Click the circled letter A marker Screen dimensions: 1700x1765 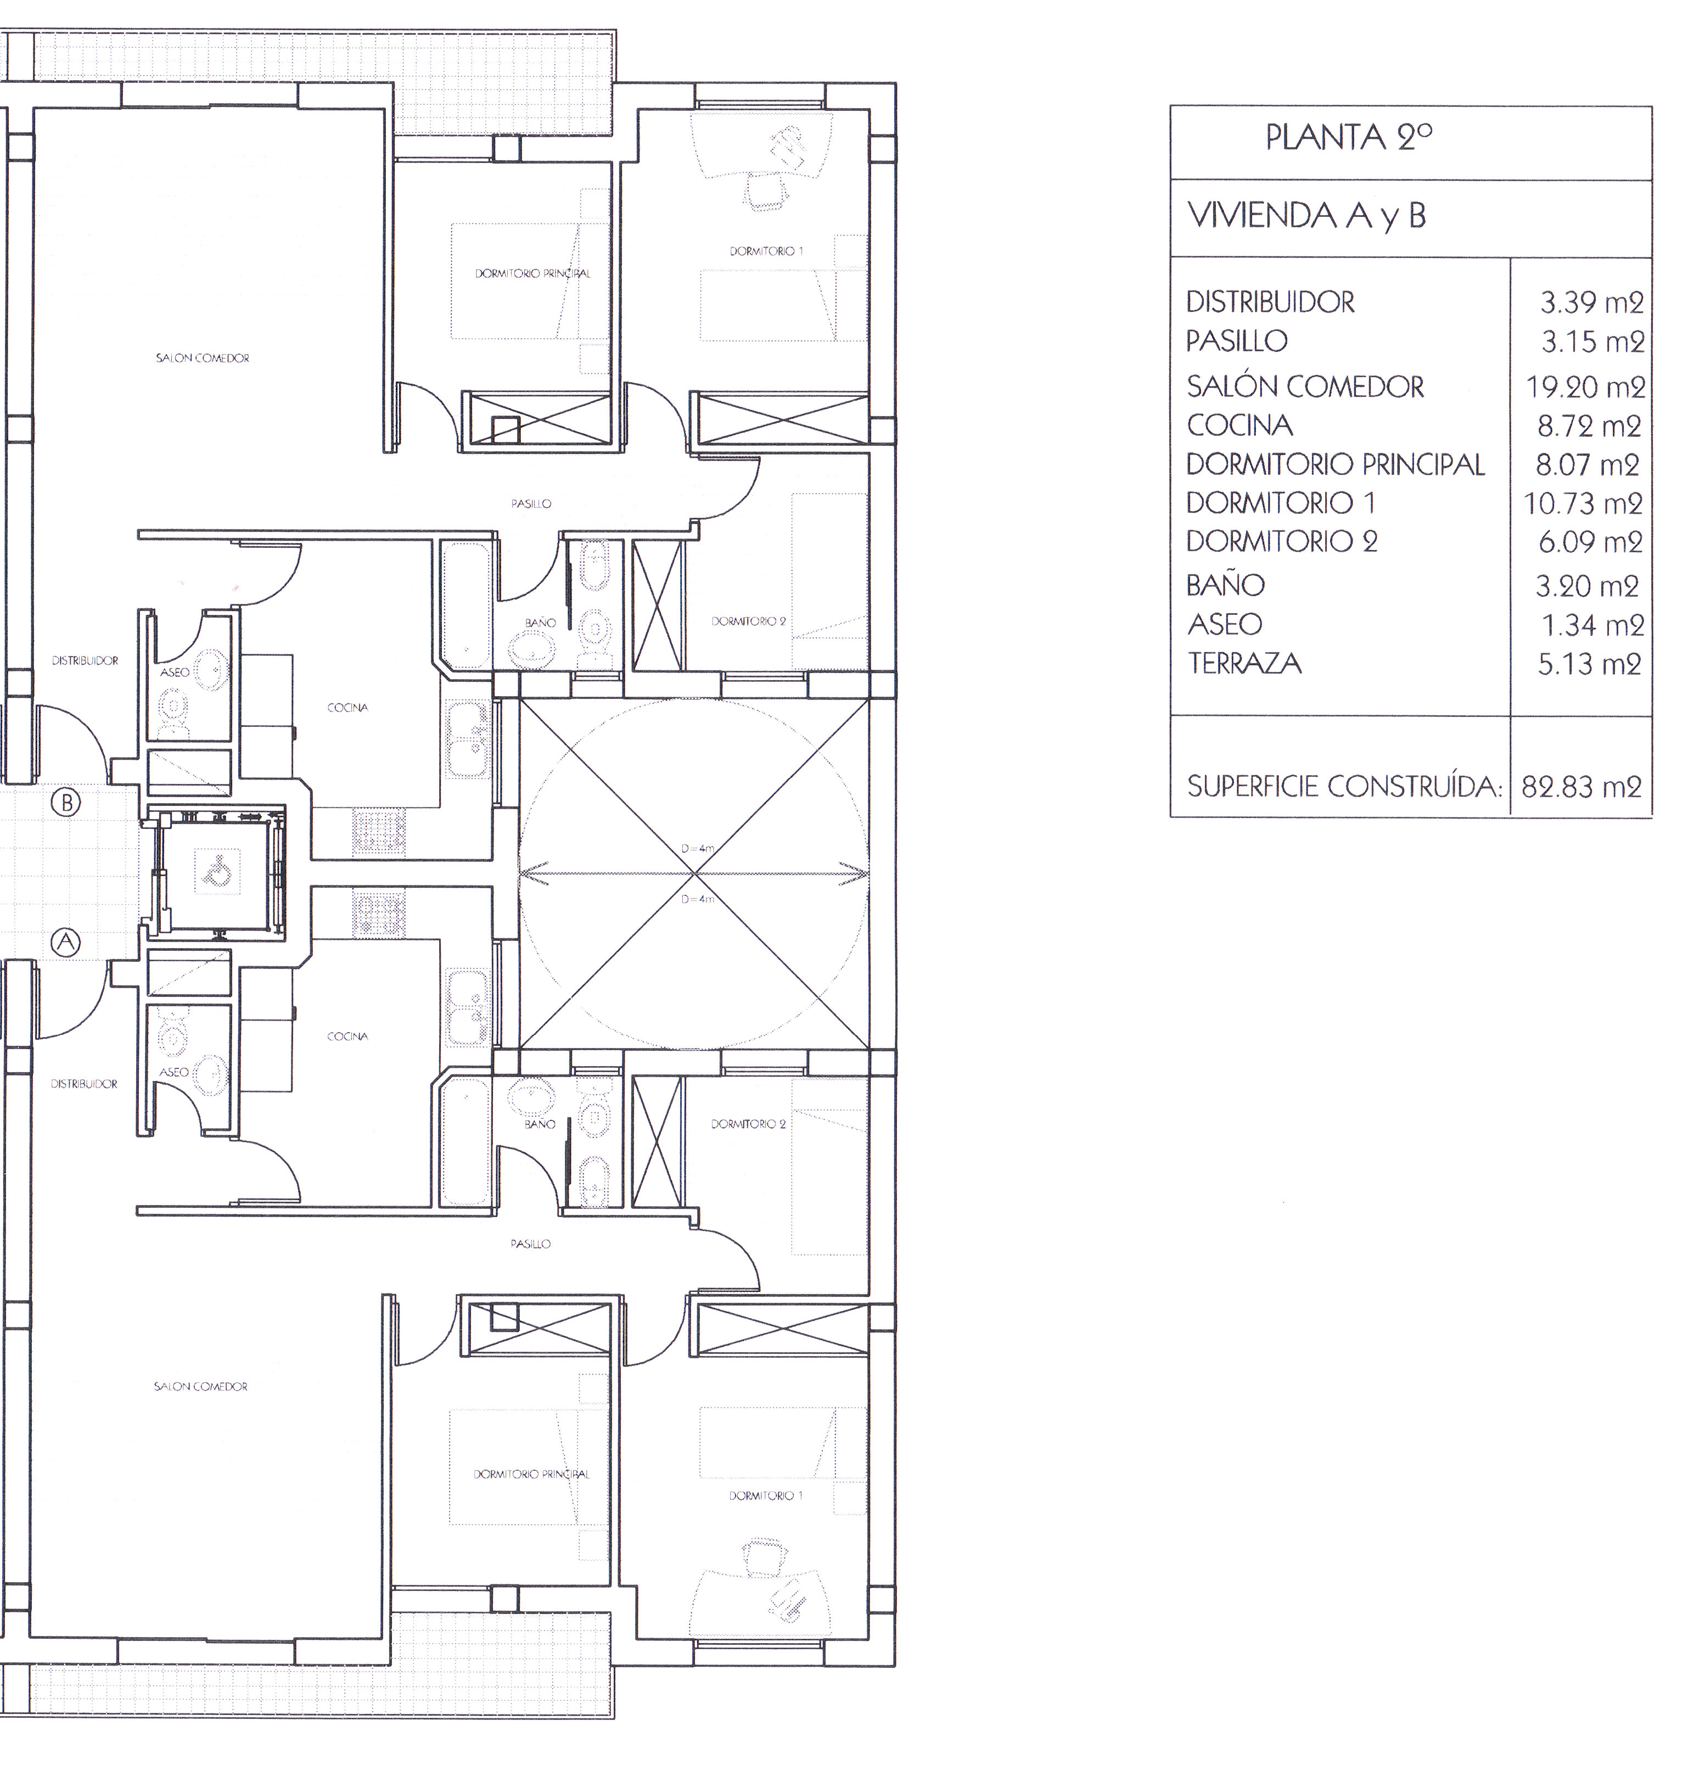(66, 942)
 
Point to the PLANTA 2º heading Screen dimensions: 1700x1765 (1349, 137)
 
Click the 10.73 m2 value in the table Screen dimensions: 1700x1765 (1584, 503)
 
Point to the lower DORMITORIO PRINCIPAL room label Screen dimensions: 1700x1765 (532, 1474)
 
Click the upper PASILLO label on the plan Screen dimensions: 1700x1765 (531, 505)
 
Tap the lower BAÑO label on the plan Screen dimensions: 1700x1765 (540, 1124)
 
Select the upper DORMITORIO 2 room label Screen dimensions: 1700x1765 (748, 621)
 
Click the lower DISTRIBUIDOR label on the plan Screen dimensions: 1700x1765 (85, 1084)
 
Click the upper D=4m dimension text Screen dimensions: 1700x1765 (698, 848)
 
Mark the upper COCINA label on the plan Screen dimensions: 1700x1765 (347, 708)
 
